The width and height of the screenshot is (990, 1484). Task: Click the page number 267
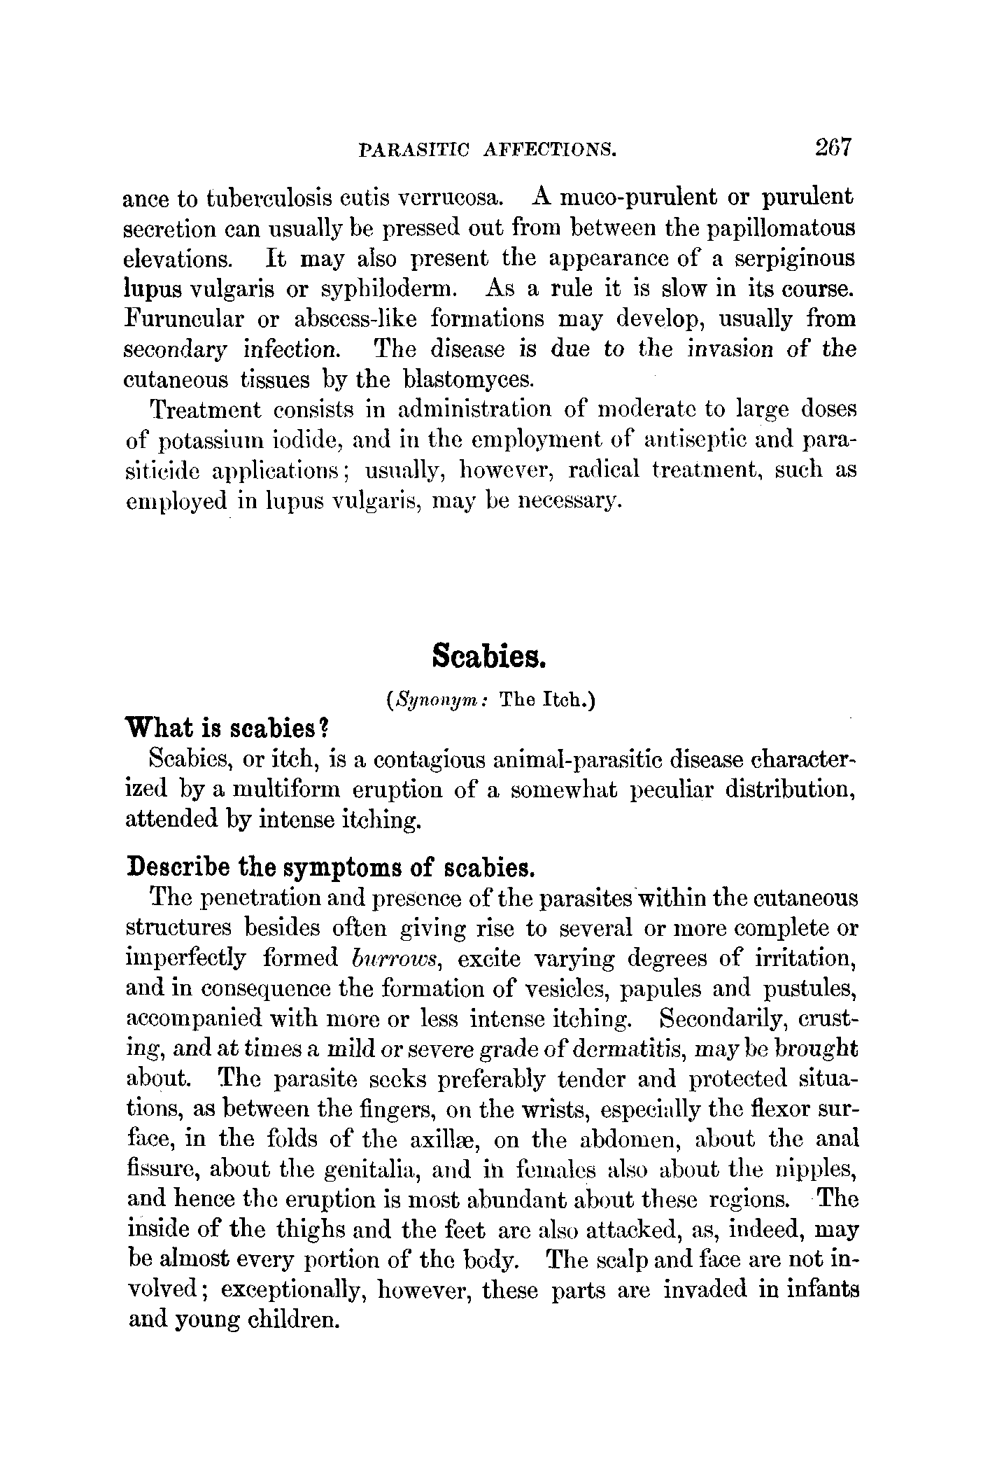(x=832, y=148)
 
